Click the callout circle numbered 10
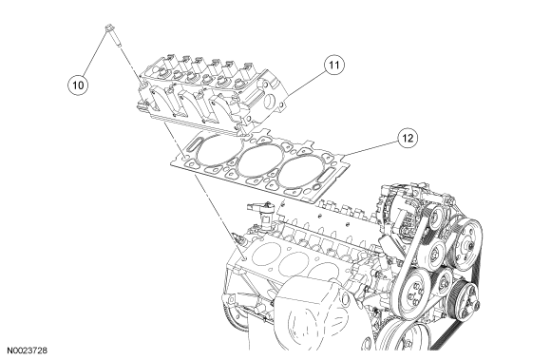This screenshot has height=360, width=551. click(x=78, y=85)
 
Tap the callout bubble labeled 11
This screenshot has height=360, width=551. click(x=334, y=65)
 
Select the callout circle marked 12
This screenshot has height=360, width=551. click(x=408, y=138)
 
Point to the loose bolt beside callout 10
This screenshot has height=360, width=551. click(x=113, y=35)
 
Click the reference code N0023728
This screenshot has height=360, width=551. click(x=27, y=351)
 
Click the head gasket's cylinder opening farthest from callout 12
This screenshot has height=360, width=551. click(x=218, y=150)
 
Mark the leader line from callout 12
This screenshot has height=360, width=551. click(x=370, y=147)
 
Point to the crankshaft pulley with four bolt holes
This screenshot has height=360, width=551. click(x=410, y=293)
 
